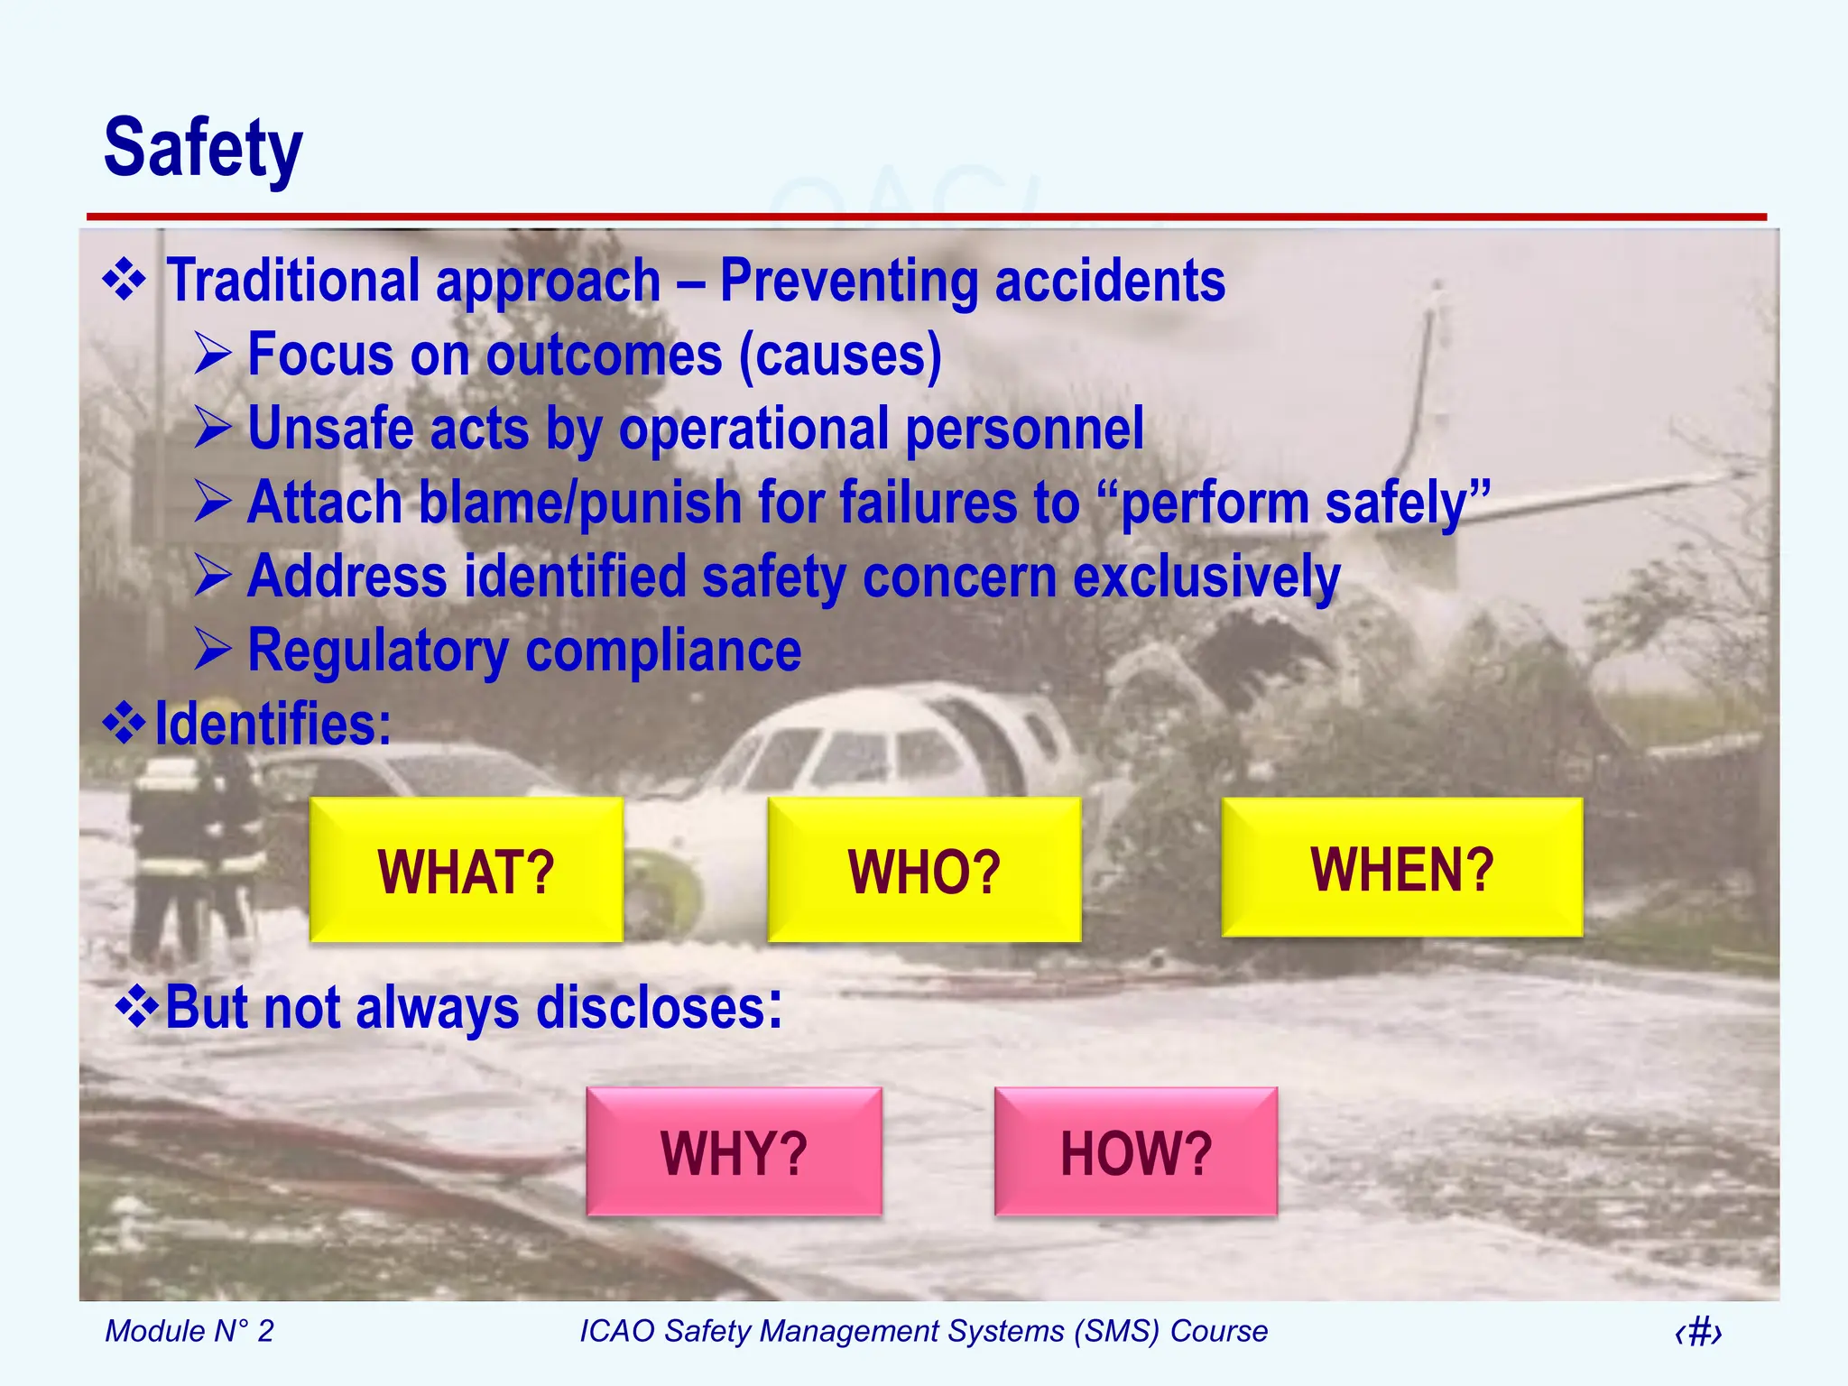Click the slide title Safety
[203, 148]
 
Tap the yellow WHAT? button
[466, 871]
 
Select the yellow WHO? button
[924, 871]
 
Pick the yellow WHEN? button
[1401, 868]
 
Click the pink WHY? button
[734, 1152]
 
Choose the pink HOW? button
[1135, 1152]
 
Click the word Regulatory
[377, 651]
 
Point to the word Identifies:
[273, 724]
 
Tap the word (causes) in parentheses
[840, 355]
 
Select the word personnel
[1024, 429]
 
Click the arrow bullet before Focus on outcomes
[213, 354]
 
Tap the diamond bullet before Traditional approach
[125, 280]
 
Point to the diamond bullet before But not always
[137, 1007]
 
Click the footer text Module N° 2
[189, 1331]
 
